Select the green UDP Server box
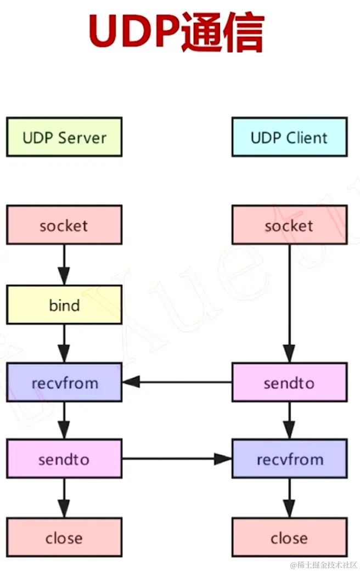64,137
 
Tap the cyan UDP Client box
289,137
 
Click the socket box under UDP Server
64,225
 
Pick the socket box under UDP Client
289,225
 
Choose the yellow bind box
64,305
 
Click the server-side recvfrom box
64,382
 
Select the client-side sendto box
289,382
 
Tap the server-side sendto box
64,459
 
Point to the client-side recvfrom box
289,459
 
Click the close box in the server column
64,538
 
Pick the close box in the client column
289,538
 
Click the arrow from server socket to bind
64,265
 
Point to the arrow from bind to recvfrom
64,343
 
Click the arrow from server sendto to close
64,497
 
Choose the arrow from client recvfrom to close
289,497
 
